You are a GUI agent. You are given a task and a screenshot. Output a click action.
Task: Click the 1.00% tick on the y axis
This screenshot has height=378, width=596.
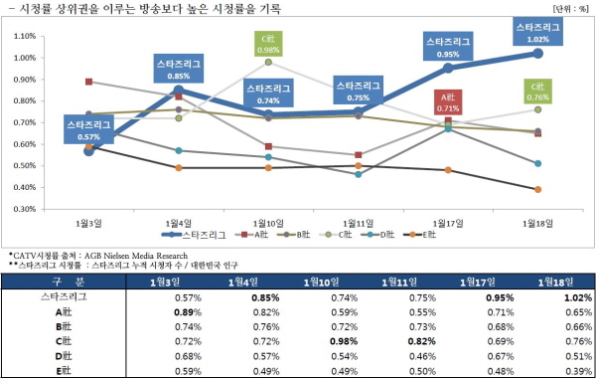(25, 58)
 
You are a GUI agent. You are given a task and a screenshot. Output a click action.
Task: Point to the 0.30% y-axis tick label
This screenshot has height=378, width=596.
(25, 209)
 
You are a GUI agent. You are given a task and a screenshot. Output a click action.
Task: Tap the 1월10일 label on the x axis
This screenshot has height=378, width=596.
(268, 224)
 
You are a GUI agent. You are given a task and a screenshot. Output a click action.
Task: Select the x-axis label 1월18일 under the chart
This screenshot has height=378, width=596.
(537, 224)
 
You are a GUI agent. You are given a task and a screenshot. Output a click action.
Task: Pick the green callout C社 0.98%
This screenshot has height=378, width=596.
(268, 44)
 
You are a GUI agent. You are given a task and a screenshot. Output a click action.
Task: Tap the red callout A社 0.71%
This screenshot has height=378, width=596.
(448, 102)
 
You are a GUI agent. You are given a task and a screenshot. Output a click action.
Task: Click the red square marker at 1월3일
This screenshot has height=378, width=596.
(88, 82)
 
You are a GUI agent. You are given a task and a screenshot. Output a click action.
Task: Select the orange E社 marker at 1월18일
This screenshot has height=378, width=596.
(537, 190)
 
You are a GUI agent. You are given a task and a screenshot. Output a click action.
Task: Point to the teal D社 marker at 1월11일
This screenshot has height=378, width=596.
(358, 174)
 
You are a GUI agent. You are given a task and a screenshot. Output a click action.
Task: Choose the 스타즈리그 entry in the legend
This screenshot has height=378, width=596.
(194, 235)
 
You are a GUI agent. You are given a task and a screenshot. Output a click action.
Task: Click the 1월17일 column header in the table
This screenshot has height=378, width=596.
(478, 283)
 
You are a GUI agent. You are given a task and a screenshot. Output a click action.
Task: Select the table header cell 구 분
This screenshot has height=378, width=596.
(69, 283)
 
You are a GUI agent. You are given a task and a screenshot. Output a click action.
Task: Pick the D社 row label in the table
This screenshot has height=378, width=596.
(64, 356)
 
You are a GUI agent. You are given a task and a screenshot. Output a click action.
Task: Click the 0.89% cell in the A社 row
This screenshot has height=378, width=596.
(188, 312)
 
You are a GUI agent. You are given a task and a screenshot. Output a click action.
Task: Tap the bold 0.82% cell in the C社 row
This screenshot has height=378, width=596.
(422, 341)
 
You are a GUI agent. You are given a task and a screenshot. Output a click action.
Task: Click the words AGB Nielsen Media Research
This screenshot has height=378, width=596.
(136, 256)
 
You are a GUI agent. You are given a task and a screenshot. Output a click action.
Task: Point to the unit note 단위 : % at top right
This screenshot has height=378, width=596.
(570, 8)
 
